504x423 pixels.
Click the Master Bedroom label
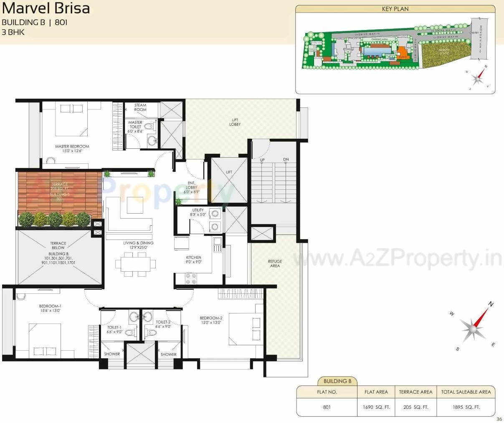[72, 148]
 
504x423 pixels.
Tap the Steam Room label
[140, 107]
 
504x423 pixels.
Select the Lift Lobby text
[235, 122]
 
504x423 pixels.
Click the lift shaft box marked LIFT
[229, 179]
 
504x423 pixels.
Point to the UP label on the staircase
[262, 160]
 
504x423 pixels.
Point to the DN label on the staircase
[286, 160]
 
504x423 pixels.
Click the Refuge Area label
[275, 263]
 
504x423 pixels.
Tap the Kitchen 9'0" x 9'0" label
[194, 260]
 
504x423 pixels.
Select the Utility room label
[198, 212]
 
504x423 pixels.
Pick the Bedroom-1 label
[50, 308]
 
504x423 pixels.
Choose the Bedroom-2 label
[211, 320]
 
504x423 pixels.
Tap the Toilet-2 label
[163, 324]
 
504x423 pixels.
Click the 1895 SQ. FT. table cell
[466, 407]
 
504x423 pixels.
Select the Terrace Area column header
[415, 392]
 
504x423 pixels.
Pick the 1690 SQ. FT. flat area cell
[376, 407]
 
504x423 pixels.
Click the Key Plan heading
[395, 9]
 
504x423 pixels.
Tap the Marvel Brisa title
[46, 8]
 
